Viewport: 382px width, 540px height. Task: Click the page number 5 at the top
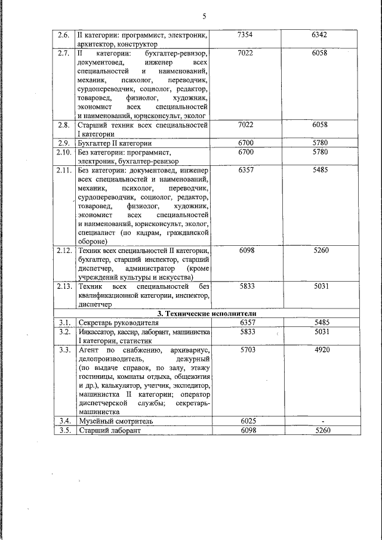204,16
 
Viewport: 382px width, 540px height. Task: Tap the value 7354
245,35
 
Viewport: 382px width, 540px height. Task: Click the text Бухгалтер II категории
115,144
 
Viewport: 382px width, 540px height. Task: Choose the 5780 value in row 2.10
321,153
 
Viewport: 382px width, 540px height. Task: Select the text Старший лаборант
109,430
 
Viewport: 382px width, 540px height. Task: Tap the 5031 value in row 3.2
321,331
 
